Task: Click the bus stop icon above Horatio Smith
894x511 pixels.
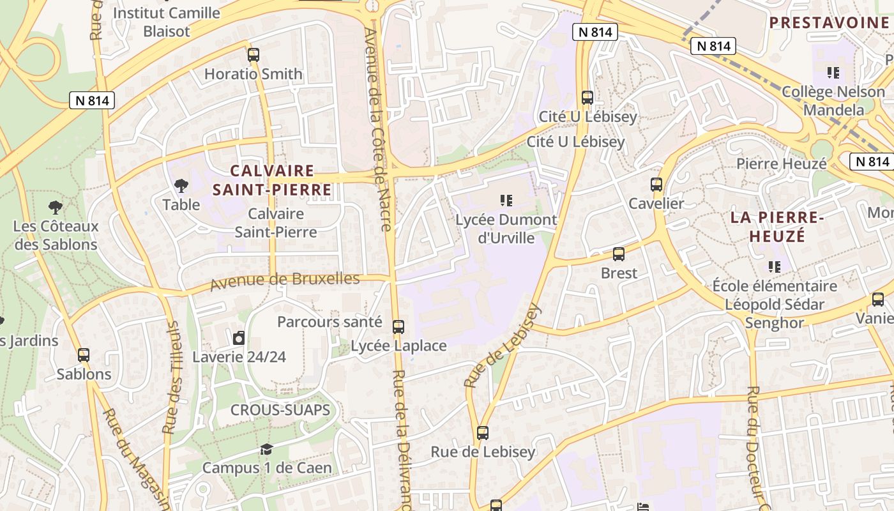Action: (254, 55)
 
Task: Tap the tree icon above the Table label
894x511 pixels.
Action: (181, 186)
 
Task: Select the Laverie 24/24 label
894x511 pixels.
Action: (239, 356)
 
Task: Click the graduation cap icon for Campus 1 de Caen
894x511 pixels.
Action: (266, 450)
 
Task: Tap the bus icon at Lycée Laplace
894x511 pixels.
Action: (398, 327)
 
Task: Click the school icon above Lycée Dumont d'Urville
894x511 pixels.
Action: (506, 201)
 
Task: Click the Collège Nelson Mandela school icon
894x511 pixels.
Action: (833, 73)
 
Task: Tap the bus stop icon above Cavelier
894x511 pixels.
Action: (656, 185)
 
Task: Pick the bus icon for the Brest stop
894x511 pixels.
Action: (619, 254)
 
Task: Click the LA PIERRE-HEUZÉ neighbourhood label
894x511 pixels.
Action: (777, 227)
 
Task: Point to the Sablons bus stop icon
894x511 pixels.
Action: (84, 355)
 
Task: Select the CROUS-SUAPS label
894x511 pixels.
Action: (280, 410)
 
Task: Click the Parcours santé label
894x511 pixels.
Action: (330, 322)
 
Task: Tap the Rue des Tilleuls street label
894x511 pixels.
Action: (172, 377)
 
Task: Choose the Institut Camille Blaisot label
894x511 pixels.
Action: (167, 22)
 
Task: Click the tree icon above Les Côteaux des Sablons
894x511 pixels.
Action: (56, 207)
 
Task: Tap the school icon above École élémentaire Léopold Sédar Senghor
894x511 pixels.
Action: (775, 266)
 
